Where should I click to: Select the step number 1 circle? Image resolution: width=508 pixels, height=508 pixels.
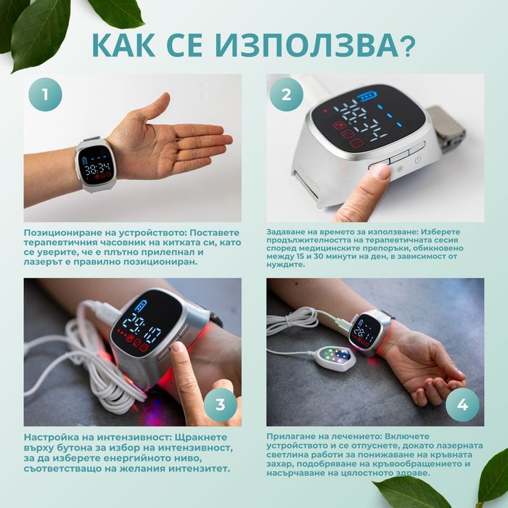tap(45, 94)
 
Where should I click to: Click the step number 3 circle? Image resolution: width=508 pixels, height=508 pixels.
tap(221, 403)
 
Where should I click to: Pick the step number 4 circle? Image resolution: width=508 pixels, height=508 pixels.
tap(462, 403)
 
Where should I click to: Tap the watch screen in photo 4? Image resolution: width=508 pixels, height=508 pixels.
tap(364, 331)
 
